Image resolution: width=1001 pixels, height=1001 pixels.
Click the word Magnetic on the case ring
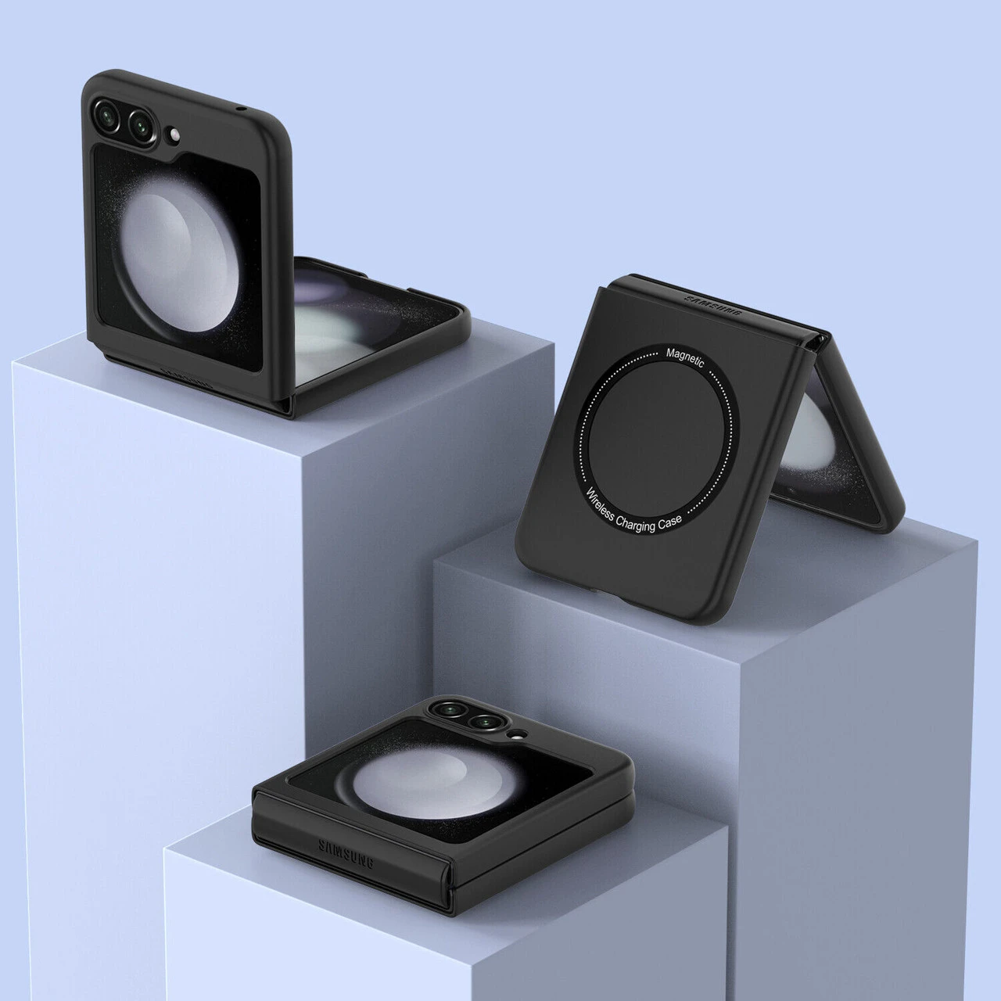(684, 357)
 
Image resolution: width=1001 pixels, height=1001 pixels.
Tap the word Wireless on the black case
(600, 503)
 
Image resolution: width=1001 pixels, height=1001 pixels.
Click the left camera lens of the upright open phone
(107, 115)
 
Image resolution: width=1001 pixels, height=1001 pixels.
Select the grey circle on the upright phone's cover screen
(178, 254)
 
